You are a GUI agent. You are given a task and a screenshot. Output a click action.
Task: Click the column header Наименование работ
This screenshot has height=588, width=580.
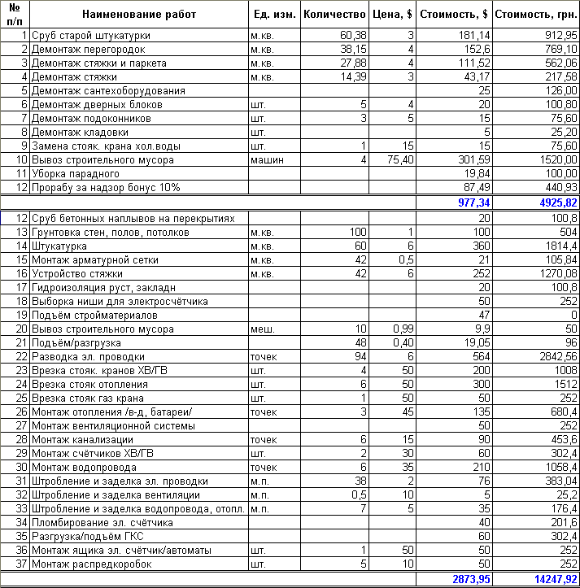click(x=139, y=14)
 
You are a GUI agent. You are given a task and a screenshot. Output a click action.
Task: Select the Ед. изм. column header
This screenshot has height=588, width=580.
click(x=273, y=14)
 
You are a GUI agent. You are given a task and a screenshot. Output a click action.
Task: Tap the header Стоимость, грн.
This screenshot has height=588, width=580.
click(x=535, y=14)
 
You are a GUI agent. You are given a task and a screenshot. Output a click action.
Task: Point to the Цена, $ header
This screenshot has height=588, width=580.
click(x=394, y=14)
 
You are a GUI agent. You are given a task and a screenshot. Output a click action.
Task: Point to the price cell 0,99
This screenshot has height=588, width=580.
click(x=403, y=329)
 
